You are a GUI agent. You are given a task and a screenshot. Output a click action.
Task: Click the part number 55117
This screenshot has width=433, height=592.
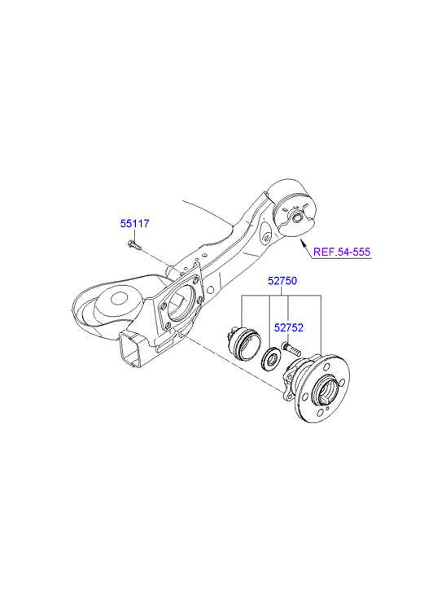135,223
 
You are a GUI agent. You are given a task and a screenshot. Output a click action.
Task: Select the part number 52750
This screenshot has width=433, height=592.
282,281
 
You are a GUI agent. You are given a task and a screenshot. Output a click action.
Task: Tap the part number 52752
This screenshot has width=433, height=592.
288,327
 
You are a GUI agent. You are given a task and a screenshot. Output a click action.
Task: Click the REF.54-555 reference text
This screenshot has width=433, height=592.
342,252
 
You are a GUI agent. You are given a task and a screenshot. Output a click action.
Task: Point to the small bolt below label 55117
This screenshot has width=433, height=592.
134,245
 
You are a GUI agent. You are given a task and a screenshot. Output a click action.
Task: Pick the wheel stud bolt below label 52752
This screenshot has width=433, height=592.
291,349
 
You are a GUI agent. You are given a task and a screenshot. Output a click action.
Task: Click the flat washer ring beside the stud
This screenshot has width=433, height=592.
270,359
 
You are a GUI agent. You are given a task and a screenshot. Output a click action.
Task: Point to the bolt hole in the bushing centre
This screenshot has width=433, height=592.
297,218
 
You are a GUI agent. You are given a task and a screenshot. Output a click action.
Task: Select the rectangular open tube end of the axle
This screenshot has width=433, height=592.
129,351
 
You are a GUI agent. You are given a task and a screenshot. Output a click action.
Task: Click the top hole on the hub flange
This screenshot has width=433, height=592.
328,366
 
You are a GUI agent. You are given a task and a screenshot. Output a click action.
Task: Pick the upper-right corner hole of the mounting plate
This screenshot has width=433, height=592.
195,280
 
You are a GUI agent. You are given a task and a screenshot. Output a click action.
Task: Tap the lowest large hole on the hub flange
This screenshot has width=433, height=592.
321,414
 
